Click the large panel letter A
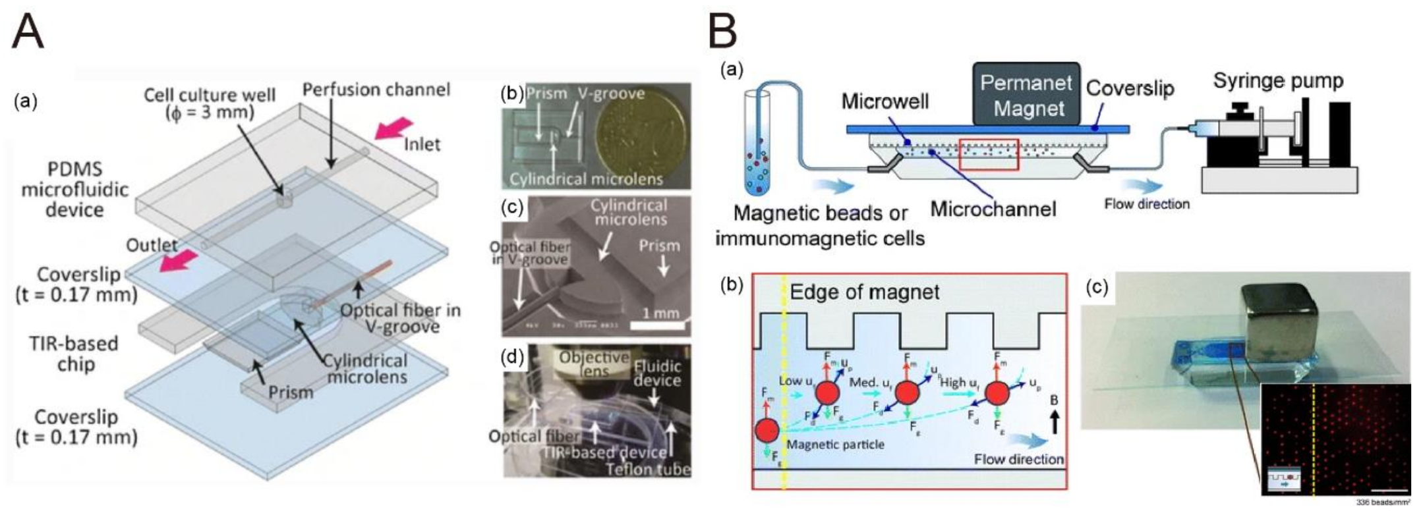tap(28, 32)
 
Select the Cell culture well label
tap(209, 103)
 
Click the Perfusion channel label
tap(376, 90)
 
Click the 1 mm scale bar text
tap(661, 313)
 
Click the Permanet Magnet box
tap(1026, 94)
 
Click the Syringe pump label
tap(1277, 81)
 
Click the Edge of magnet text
tap(864, 292)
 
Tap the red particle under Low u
tap(828, 393)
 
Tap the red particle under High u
tap(997, 394)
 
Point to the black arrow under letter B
tap(1055, 422)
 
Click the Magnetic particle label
tap(835, 445)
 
